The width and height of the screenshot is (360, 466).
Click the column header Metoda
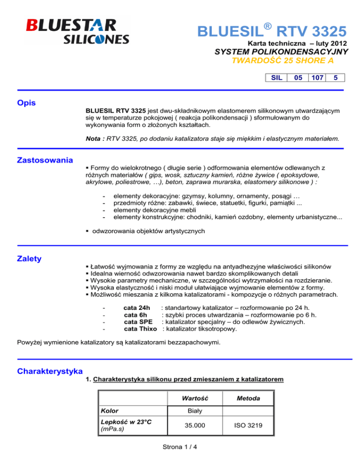click(261, 398)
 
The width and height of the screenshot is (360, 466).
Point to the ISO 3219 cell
click(261, 426)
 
